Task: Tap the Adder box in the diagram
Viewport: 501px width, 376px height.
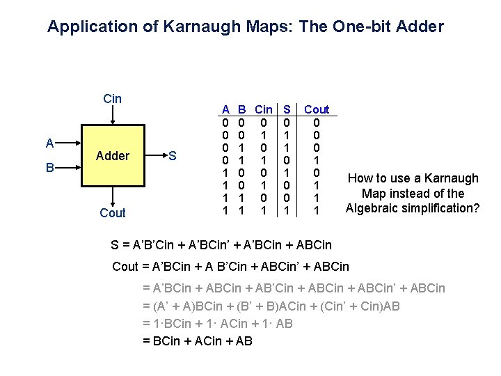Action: [x=112, y=156]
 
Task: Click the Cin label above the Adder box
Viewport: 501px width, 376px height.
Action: [x=112, y=98]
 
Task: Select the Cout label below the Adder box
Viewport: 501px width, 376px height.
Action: [x=113, y=213]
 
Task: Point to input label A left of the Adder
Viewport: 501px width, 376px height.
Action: [x=49, y=143]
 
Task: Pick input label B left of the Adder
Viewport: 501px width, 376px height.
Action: [x=49, y=168]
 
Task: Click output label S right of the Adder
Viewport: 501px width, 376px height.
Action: [x=173, y=156]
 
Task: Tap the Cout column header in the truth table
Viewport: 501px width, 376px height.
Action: [x=317, y=109]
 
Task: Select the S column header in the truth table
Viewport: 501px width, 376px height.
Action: [x=285, y=109]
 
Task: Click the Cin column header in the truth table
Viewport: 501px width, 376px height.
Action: [x=264, y=109]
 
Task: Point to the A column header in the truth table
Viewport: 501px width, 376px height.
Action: [x=225, y=109]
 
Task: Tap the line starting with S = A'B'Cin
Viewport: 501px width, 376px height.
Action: [x=221, y=244]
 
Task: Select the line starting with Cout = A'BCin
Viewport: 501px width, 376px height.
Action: [x=231, y=266]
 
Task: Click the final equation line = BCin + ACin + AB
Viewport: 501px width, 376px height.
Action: [x=197, y=340]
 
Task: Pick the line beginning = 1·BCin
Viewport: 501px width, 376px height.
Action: [x=217, y=323]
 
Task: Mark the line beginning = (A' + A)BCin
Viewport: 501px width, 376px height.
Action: [x=271, y=306]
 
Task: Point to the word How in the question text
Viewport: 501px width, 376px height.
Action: [x=361, y=178]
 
